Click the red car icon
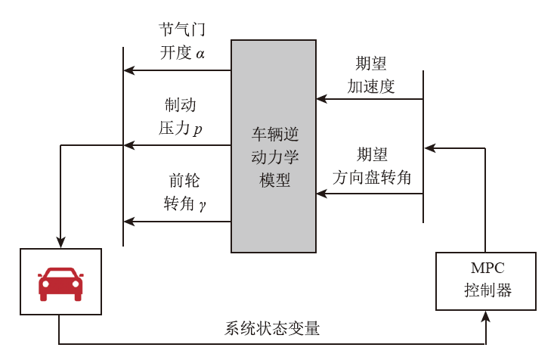coord(60,283)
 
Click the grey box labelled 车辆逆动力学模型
coord(274,147)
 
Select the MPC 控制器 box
coord(485,281)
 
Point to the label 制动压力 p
coord(181,116)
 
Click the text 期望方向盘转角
coord(372,166)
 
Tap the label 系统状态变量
coord(272,329)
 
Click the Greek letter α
coord(200,54)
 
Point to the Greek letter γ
coord(203,205)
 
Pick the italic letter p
coord(198,129)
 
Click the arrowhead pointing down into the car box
coord(60,242)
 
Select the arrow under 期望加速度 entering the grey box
coord(369,99)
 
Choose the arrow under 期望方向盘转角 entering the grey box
coord(369,194)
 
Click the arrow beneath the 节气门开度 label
coord(178,70)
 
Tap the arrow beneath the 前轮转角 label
coord(178,222)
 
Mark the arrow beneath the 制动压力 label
coord(178,145)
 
